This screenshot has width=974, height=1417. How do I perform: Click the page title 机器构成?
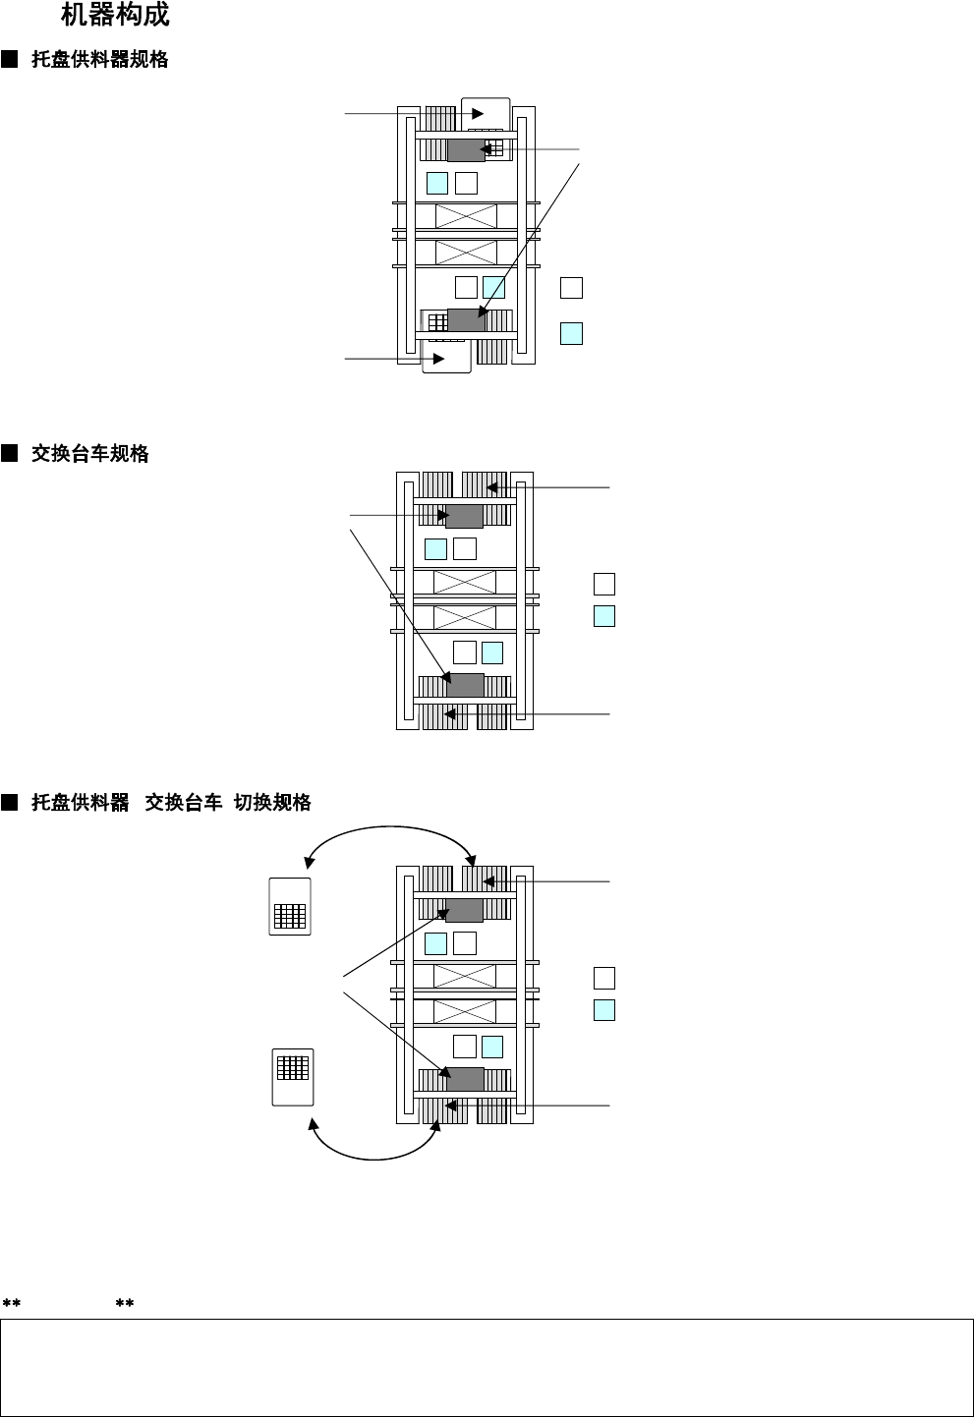pyautogui.click(x=115, y=16)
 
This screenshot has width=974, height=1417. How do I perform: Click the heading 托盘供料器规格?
pyautogui.click(x=99, y=60)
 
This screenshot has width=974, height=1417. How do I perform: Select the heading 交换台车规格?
pyautogui.click(x=89, y=454)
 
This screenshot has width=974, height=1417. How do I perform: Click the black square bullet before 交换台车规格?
pyautogui.click(x=10, y=454)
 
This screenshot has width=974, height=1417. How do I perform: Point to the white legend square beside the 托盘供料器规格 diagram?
pyautogui.click(x=571, y=288)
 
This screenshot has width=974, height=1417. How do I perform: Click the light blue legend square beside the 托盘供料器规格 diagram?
pyautogui.click(x=571, y=333)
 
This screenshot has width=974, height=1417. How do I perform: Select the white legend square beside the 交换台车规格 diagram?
pyautogui.click(x=604, y=585)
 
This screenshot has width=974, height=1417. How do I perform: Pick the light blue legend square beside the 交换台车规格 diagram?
pyautogui.click(x=604, y=617)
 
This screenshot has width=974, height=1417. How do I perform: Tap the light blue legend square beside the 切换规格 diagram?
pyautogui.click(x=604, y=1010)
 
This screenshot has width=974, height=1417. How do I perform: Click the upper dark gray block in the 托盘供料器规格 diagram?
pyautogui.click(x=466, y=149)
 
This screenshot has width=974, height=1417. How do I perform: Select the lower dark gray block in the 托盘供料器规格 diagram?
pyautogui.click(x=466, y=320)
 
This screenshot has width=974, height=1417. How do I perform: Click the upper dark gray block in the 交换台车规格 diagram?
pyautogui.click(x=464, y=517)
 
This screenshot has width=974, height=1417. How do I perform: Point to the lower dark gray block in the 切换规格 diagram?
pyautogui.click(x=465, y=1079)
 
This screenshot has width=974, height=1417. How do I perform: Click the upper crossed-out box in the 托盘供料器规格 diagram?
pyautogui.click(x=466, y=216)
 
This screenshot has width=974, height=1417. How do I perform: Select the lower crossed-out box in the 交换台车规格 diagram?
pyautogui.click(x=465, y=618)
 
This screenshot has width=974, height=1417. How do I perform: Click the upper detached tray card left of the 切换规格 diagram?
pyautogui.click(x=290, y=907)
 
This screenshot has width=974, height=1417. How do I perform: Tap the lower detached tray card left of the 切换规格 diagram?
pyautogui.click(x=293, y=1077)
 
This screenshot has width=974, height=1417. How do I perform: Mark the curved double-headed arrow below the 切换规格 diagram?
pyautogui.click(x=373, y=1151)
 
